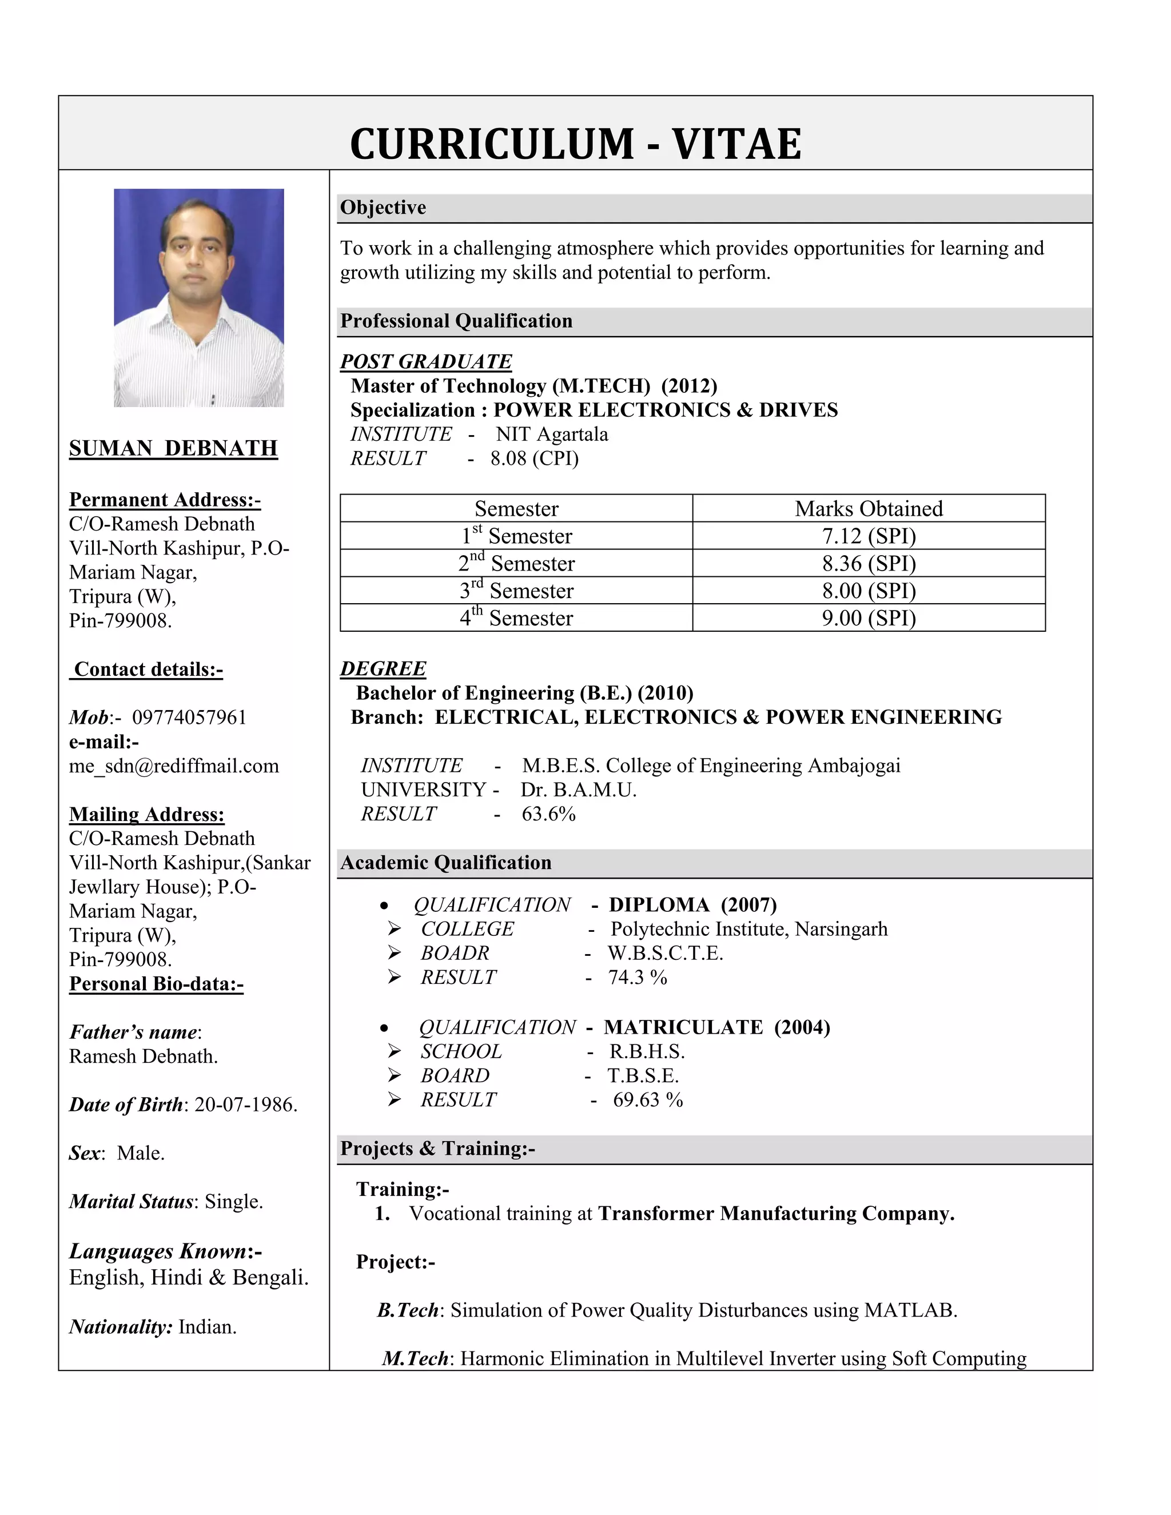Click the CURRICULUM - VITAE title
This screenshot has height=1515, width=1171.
[x=575, y=143]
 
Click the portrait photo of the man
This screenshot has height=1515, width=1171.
[x=199, y=298]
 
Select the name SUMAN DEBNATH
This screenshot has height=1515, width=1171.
[x=173, y=448]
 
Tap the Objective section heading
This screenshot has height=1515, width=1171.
[x=383, y=208]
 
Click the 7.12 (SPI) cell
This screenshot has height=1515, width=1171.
[x=869, y=536]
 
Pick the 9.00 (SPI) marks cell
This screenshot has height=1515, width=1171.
[x=869, y=618]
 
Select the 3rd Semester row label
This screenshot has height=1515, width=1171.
[x=516, y=591]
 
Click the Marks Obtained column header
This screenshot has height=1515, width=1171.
[x=869, y=508]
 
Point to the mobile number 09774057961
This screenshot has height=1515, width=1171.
[x=189, y=717]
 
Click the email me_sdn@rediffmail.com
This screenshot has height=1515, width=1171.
[x=174, y=766]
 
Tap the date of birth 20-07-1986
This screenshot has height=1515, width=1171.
[x=245, y=1105]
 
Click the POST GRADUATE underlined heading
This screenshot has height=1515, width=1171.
[x=426, y=361]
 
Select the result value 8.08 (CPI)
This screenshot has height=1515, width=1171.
[x=534, y=459]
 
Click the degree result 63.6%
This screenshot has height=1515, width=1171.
[x=549, y=814]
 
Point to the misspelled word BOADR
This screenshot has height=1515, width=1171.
[x=455, y=953]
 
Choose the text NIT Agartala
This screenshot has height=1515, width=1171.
[x=552, y=434]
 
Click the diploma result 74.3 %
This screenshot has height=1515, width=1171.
[x=638, y=978]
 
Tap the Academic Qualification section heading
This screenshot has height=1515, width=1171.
[x=446, y=862]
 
